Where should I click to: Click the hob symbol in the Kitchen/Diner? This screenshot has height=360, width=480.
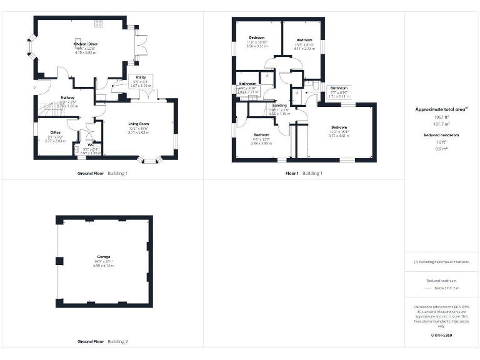[98, 24]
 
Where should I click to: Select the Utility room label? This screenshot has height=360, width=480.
[141, 77]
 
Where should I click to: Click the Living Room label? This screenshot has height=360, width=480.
[138, 124]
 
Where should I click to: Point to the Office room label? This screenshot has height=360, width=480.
[55, 132]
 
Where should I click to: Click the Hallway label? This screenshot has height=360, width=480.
[67, 98]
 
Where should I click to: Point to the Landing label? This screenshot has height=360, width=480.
[279, 106]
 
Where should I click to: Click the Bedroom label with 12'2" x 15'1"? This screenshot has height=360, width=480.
[339, 127]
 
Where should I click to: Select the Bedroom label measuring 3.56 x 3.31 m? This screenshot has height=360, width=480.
[257, 38]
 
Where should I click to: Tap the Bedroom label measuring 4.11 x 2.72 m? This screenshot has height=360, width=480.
[304, 40]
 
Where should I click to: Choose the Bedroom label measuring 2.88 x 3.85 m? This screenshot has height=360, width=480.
[261, 135]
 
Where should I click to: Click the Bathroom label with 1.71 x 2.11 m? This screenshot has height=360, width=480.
[339, 88]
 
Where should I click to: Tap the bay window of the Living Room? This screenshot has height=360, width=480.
[149, 161]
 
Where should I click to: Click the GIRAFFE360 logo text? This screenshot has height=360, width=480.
[441, 336]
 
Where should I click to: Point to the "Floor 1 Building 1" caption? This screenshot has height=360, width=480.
[304, 173]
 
